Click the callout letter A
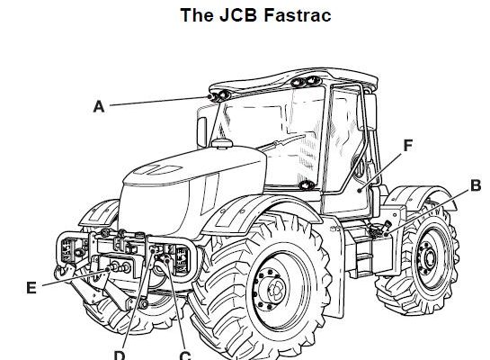[x=99, y=107]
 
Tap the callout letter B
[x=476, y=185]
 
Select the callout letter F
[x=408, y=146]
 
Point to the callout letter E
[x=31, y=288]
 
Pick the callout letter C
[x=185, y=355]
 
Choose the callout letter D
[x=120, y=355]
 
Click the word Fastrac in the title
[x=298, y=15]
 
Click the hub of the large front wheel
[x=276, y=289]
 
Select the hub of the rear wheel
[x=430, y=258]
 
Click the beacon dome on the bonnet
[x=222, y=143]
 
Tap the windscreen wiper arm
[x=283, y=142]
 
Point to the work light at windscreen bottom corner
[x=307, y=185]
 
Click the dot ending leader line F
[x=360, y=190]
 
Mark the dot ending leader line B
[x=387, y=234]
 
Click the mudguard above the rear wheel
[x=420, y=194]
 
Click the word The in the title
[x=197, y=15]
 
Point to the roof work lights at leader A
[x=219, y=95]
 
